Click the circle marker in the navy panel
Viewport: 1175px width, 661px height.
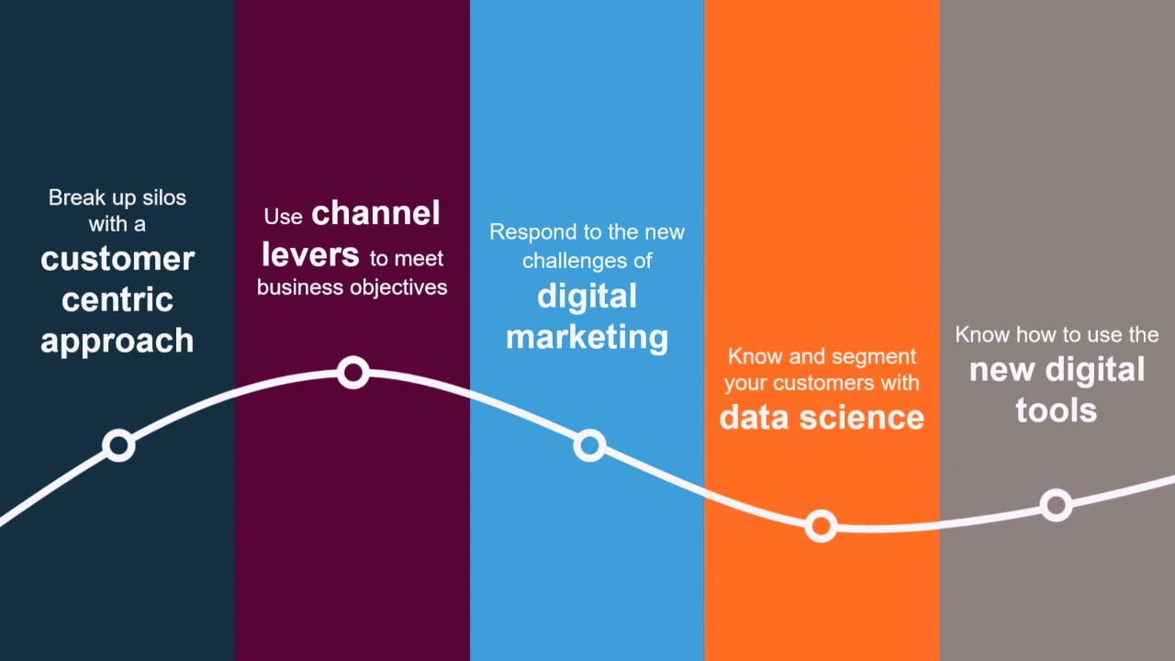click(118, 446)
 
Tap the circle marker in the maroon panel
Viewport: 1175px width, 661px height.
click(353, 373)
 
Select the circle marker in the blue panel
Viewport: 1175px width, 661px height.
click(589, 446)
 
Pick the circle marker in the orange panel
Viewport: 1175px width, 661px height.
click(821, 526)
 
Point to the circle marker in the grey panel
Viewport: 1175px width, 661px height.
click(1057, 505)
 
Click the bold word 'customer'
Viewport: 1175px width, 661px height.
click(117, 259)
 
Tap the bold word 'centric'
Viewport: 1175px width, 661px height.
click(117, 299)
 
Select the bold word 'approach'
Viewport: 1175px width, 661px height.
click(117, 341)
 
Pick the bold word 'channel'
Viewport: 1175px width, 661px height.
click(375, 214)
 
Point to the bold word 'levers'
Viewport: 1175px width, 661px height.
click(309, 254)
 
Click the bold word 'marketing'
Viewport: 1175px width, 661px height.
click(587, 337)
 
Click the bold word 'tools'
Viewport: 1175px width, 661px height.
click(1057, 410)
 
